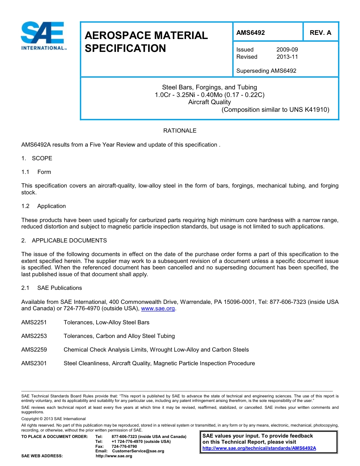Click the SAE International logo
[43, 36]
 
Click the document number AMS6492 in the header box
[250, 33]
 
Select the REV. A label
[320, 33]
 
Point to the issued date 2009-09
[287, 50]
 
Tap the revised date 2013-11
[287, 57]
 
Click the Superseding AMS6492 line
[266, 71]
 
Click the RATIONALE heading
[180, 131]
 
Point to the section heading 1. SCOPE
[37, 158]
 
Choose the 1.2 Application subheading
[44, 206]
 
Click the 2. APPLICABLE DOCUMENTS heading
[64, 241]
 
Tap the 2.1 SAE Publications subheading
[52, 288]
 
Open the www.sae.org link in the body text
[158, 309]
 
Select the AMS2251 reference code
[34, 322]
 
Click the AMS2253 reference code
[34, 336]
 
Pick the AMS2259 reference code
[34, 350]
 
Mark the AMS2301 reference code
[34, 363]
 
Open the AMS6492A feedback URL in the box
[259, 448]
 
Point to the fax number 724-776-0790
[124, 446]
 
